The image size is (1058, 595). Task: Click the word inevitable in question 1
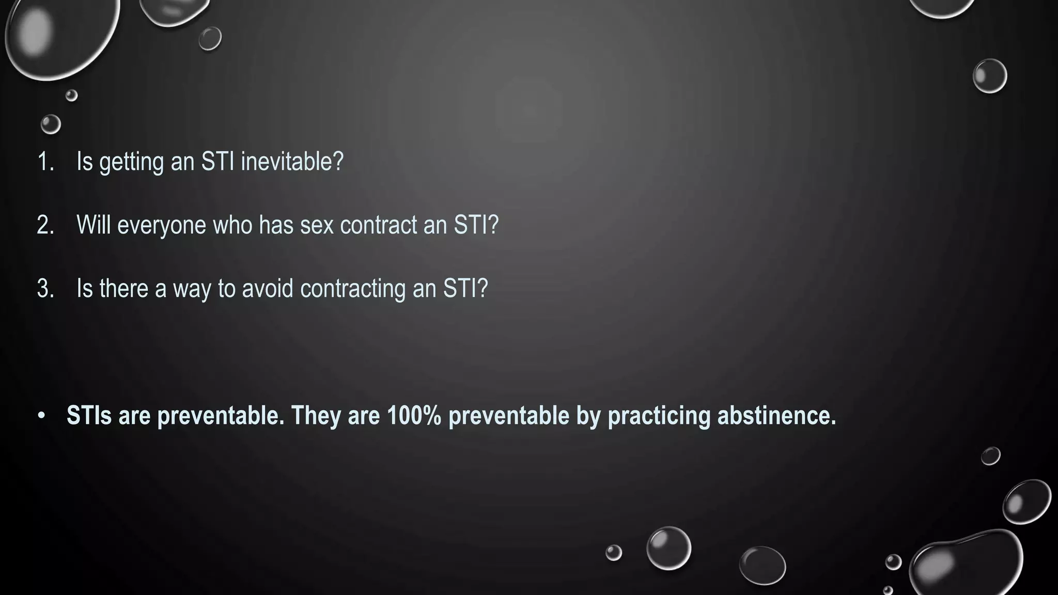[x=292, y=162]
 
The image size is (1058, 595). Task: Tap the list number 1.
[x=45, y=162]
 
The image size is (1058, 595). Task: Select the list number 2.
[x=45, y=225]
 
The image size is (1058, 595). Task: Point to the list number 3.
[x=45, y=288]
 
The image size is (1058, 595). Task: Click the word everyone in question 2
[x=162, y=225]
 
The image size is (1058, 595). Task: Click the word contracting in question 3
[x=353, y=288]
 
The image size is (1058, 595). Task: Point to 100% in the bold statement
[x=414, y=415]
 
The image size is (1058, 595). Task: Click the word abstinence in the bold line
[x=776, y=415]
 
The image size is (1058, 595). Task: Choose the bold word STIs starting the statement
[x=89, y=415]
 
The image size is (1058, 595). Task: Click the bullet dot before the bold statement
[x=42, y=416]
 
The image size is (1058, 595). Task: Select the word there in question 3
[x=124, y=288]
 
